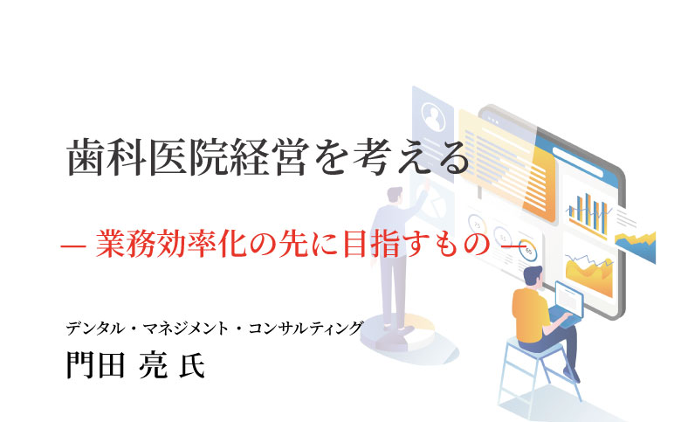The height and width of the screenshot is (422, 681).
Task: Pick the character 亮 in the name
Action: tap(152, 363)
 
